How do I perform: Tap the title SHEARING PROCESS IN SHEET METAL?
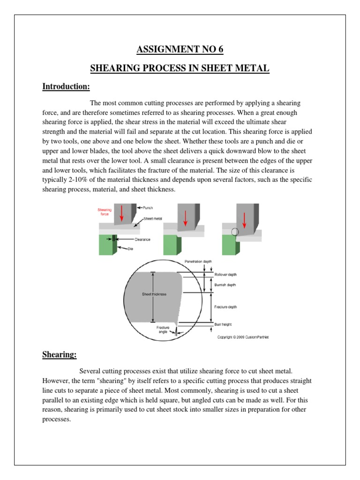[180, 68]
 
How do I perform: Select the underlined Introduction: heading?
[66, 87]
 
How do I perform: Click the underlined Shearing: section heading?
[60, 354]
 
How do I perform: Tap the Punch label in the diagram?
[147, 208]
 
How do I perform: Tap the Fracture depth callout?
[226, 307]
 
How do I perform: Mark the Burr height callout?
[223, 324]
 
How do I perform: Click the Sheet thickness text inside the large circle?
[154, 294]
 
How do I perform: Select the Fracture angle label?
[163, 330]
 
